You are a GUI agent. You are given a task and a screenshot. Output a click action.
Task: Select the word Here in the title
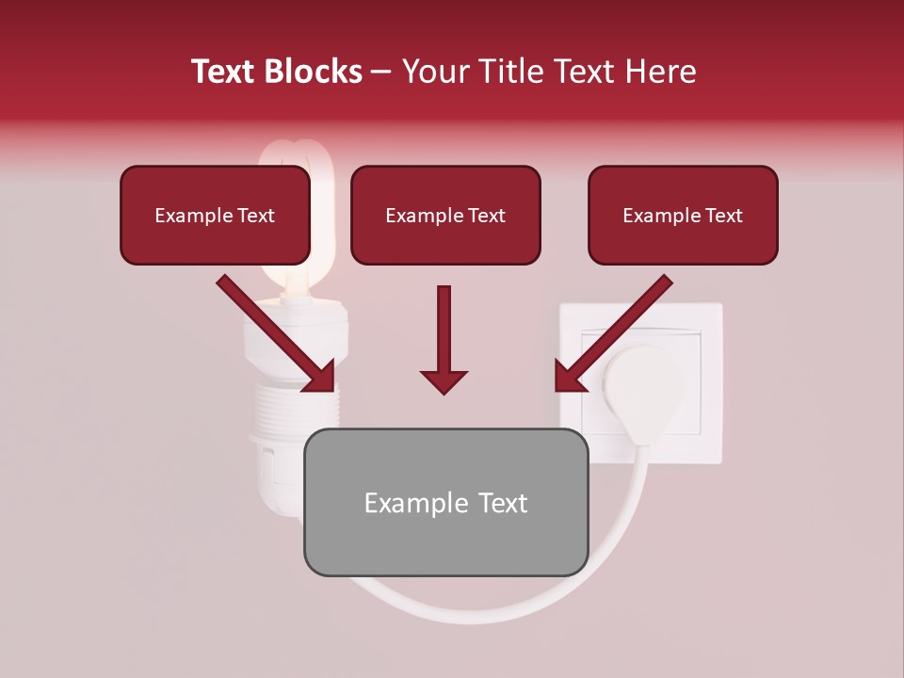pyautogui.click(x=658, y=72)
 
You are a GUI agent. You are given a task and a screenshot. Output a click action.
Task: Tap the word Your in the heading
pyautogui.click(x=436, y=72)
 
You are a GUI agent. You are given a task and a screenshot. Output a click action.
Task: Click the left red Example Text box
pyautogui.click(x=215, y=215)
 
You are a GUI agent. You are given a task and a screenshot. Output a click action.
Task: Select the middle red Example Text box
pyautogui.click(x=445, y=215)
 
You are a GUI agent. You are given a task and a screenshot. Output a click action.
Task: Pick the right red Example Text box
pyautogui.click(x=683, y=215)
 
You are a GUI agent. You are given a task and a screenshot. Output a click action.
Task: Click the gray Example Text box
pyautogui.click(x=445, y=502)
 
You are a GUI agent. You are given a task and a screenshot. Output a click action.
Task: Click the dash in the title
pyautogui.click(x=382, y=72)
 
